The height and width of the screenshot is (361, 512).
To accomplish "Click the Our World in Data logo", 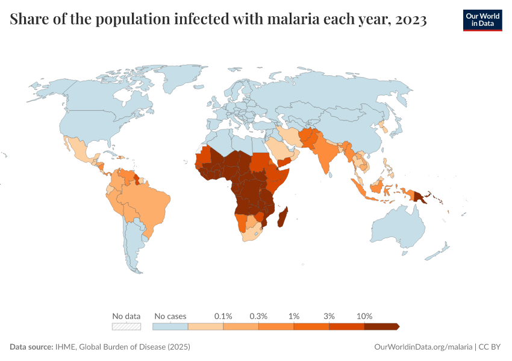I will [482, 20].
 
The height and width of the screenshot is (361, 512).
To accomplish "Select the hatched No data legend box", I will [126, 326].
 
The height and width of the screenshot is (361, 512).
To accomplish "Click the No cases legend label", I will [170, 316].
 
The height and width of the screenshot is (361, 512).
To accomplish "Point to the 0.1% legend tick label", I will [223, 316].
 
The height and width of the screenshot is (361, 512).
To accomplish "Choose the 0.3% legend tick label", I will [258, 316].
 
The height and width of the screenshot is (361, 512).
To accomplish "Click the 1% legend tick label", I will [294, 316].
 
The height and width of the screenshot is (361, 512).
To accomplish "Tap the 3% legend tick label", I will [329, 316].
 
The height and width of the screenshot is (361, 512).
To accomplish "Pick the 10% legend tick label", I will [364, 316].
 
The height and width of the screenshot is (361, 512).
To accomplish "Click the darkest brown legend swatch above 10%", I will [381, 326].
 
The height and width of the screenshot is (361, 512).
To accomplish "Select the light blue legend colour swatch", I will [170, 326].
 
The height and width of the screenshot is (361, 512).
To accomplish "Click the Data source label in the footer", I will [31, 347].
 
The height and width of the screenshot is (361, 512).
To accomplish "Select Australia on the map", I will [398, 232].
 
